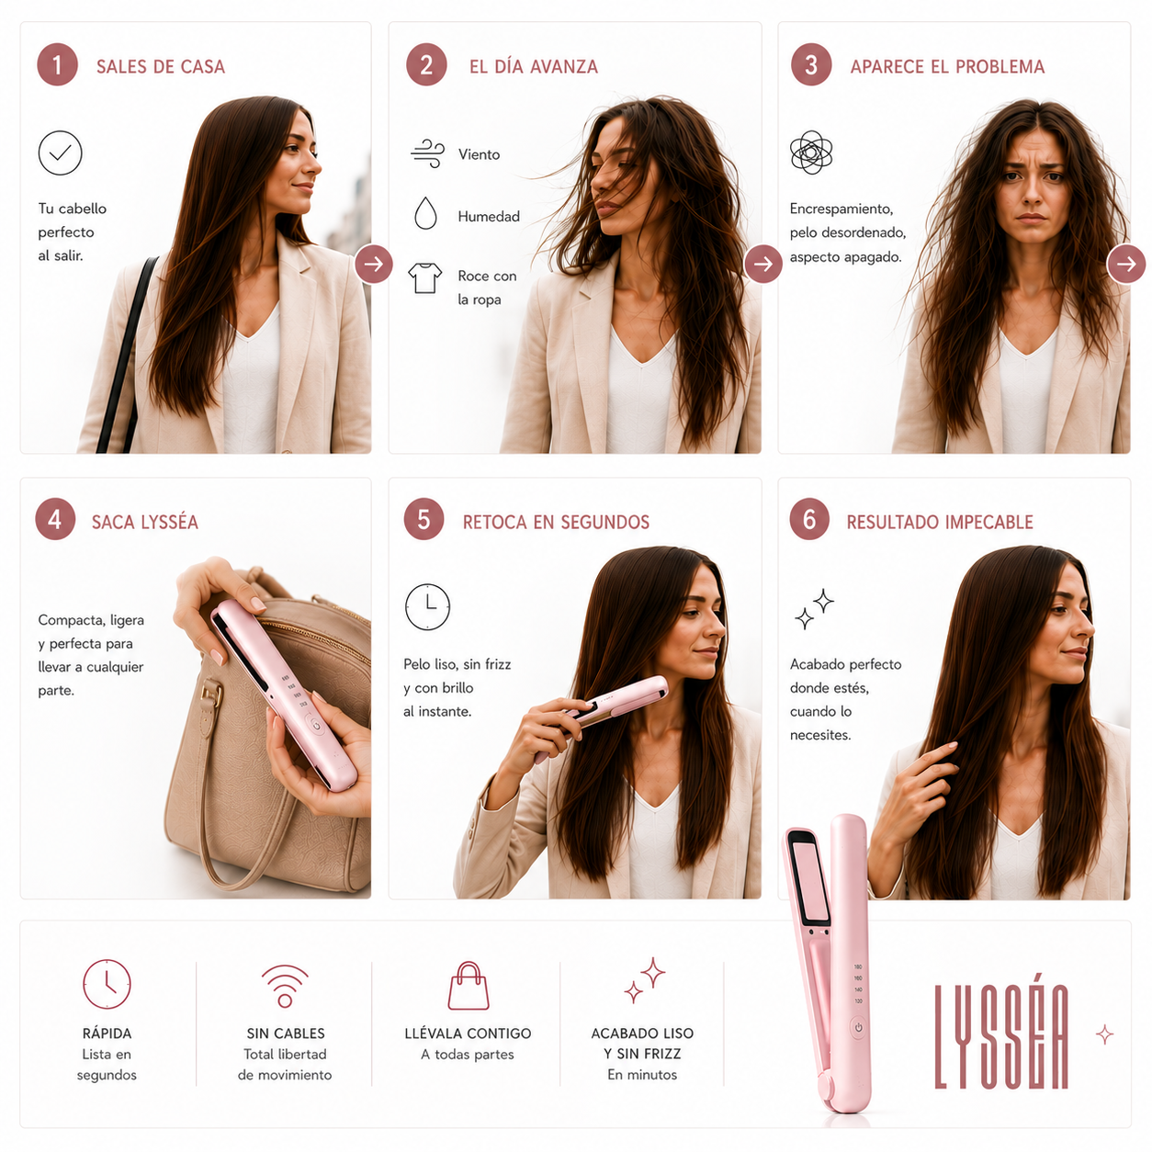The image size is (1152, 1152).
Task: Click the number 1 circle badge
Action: [57, 64]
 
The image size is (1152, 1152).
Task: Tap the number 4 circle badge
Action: [55, 519]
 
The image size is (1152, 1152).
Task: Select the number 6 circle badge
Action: [809, 519]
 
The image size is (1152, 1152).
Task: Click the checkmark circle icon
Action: [61, 153]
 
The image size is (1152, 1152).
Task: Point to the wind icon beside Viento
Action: [428, 153]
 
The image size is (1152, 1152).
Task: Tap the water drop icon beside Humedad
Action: [425, 213]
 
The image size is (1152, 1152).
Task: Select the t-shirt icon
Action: [425, 278]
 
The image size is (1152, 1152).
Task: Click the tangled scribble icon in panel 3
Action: [810, 152]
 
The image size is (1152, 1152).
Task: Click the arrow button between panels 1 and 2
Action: [374, 264]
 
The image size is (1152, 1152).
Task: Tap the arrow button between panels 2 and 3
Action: [762, 264]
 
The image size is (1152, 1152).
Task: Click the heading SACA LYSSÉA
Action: [144, 522]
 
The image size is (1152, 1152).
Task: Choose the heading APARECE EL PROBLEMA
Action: [947, 66]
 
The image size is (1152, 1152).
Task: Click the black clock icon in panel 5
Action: [427, 606]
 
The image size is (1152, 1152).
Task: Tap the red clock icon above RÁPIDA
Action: [107, 984]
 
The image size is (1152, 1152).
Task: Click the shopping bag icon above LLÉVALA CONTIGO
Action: [469, 985]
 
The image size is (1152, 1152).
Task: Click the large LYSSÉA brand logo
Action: [1001, 1037]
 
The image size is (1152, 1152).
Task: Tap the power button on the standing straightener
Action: [858, 1028]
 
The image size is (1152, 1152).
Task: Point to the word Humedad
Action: [489, 217]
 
